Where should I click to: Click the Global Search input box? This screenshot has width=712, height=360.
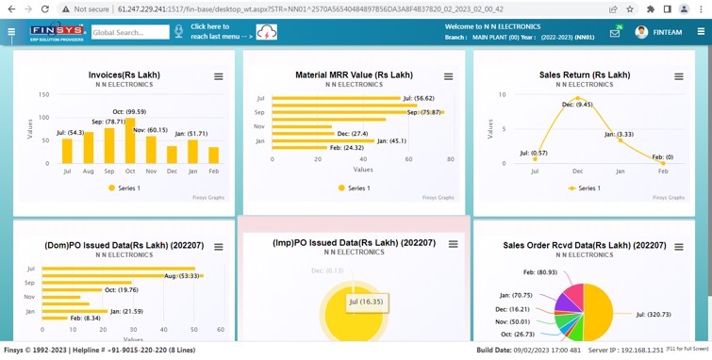tap(129, 32)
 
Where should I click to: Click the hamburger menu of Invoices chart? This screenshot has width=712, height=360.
tap(218, 76)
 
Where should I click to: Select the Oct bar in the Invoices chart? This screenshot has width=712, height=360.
tap(130, 141)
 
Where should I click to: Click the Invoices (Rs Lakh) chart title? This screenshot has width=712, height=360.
tap(124, 74)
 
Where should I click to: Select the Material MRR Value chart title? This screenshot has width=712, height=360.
tap(354, 74)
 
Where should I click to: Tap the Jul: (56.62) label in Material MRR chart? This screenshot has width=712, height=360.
tap(418, 98)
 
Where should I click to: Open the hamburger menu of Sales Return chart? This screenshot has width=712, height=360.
tap(679, 76)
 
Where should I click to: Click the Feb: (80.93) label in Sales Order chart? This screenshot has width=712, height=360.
tap(540, 272)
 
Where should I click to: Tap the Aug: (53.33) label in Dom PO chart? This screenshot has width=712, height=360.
tap(183, 275)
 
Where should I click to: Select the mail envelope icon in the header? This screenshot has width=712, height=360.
tap(615, 33)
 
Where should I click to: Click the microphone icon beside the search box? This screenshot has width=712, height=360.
tap(177, 32)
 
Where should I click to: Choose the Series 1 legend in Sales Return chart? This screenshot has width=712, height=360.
tap(584, 188)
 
